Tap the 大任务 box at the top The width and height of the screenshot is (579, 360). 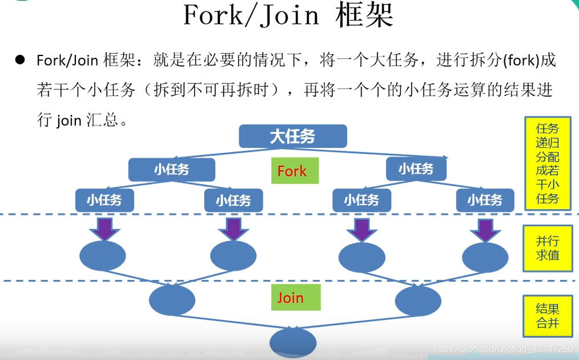pyautogui.click(x=292, y=137)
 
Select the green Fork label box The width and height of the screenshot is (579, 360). pyautogui.click(x=291, y=171)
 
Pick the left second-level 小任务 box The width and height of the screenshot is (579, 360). pyautogui.click(x=171, y=170)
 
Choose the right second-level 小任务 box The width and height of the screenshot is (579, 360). pyautogui.click(x=416, y=169)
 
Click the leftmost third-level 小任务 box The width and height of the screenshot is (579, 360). pyautogui.click(x=104, y=200)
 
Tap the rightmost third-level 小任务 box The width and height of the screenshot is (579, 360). pyautogui.click(x=485, y=200)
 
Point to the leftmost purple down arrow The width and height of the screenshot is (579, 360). pyautogui.click(x=104, y=229)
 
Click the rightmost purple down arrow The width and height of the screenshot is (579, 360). pyautogui.click(x=485, y=230)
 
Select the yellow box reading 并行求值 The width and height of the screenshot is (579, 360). pyautogui.click(x=547, y=248)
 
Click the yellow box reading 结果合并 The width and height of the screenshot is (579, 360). pyautogui.click(x=547, y=315)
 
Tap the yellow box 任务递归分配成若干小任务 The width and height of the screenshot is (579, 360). pyautogui.click(x=547, y=163)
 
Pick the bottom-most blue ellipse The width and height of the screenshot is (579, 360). pyautogui.click(x=293, y=342)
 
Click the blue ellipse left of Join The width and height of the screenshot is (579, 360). pyautogui.click(x=172, y=300)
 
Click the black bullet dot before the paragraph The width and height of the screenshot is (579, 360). pyautogui.click(x=21, y=59)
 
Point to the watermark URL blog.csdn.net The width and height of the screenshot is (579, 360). pyautogui.click(x=502, y=349)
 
